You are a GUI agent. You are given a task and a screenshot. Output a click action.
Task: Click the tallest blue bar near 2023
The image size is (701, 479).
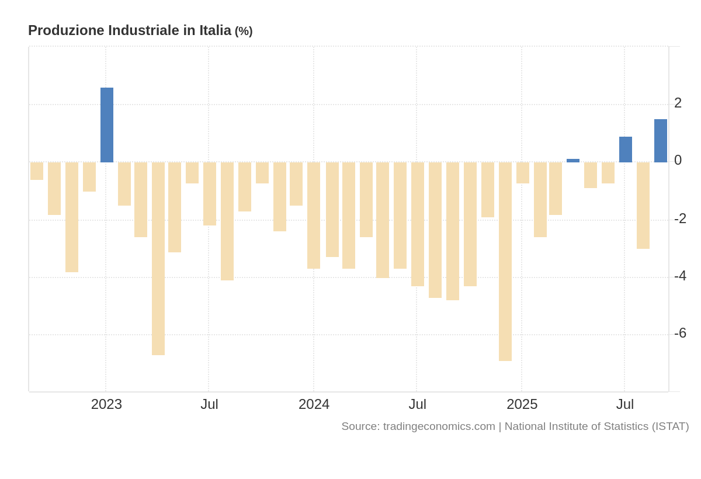107,125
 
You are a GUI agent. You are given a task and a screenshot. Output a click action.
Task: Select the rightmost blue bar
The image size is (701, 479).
661,141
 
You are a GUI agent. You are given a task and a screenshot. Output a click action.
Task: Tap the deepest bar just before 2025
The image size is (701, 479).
505,261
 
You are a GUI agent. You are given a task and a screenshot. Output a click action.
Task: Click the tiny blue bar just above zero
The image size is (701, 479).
573,161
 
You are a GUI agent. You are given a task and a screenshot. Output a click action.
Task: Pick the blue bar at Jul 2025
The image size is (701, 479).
626,150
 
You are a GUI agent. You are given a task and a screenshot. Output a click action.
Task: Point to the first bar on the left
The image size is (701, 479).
37,171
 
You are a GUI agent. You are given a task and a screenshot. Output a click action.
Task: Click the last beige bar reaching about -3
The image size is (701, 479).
643,206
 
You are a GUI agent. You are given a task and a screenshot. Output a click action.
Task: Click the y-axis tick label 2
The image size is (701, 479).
678,103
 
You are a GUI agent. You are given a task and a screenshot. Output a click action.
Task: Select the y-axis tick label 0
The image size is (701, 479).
678,160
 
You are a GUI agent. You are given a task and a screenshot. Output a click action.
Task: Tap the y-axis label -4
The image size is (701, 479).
680,276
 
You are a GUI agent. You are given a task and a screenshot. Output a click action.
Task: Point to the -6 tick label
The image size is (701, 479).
680,333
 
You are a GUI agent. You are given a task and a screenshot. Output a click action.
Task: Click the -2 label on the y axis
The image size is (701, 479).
680,218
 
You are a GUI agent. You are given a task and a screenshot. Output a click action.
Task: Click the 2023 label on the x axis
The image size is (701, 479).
106,404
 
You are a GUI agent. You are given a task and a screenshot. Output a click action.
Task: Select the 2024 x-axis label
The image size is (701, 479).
314,404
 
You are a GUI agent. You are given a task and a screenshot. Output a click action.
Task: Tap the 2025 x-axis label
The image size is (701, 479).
522,404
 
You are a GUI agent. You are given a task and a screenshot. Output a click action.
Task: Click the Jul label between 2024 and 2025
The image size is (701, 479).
417,404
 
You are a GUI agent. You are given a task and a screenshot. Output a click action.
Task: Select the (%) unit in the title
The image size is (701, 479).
244,32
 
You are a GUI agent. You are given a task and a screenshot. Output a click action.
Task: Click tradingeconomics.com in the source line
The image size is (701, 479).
439,426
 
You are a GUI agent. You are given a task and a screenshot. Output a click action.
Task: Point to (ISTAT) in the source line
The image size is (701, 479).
670,426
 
